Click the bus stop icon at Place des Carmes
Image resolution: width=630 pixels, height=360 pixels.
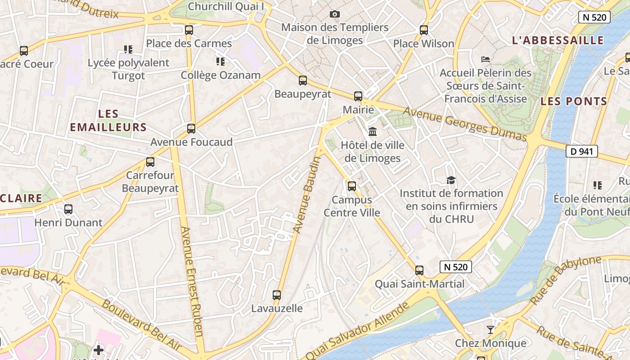pyautogui.click(x=189, y=30)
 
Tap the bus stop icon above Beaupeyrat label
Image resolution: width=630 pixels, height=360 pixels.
pyautogui.click(x=303, y=81)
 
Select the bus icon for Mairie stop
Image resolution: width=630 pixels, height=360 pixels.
pyautogui.click(x=358, y=96)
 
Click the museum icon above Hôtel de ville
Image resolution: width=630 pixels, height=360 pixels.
pyautogui.click(x=373, y=132)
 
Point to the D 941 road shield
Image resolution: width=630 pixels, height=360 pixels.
pyautogui.click(x=581, y=152)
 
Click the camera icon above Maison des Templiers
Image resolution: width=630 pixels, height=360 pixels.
pyautogui.click(x=334, y=14)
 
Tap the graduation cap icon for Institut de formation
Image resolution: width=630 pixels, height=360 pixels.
pyautogui.click(x=451, y=180)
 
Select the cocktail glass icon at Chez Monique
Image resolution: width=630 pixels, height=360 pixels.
pyautogui.click(x=490, y=330)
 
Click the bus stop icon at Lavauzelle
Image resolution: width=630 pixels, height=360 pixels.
pyautogui.click(x=277, y=295)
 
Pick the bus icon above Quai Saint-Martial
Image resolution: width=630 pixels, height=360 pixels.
pyautogui.click(x=419, y=270)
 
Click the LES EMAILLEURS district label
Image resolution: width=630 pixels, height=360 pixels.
pyautogui.click(x=108, y=121)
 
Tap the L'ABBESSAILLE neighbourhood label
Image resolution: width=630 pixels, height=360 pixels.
pyautogui.click(x=558, y=40)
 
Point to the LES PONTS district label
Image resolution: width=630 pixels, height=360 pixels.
pyautogui.click(x=574, y=101)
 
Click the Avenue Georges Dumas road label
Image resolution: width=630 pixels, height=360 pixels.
pyautogui.click(x=464, y=124)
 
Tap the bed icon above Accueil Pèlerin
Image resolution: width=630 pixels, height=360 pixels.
pyautogui.click(x=485, y=59)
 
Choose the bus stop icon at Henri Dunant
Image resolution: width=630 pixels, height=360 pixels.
pyautogui.click(x=68, y=209)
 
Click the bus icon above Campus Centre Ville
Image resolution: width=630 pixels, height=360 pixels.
pyautogui.click(x=352, y=186)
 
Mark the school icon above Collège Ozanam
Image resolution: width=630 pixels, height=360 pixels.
pyautogui.click(x=220, y=61)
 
